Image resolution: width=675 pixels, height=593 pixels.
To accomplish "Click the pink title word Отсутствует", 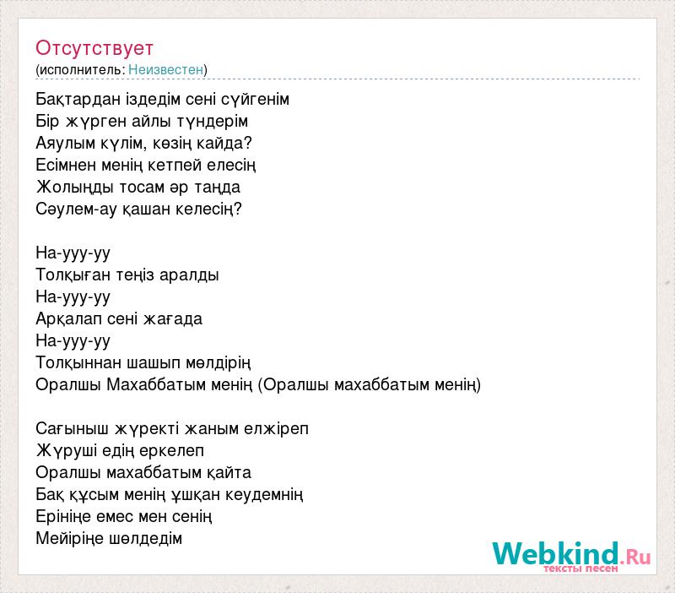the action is [x=94, y=48].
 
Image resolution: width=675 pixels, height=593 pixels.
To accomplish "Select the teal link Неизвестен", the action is [x=165, y=69].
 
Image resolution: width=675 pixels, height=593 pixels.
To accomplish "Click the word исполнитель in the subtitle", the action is [x=81, y=70].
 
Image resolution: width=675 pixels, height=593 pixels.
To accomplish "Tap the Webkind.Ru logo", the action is [x=571, y=556].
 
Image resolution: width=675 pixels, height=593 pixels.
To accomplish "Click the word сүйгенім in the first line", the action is [x=255, y=100].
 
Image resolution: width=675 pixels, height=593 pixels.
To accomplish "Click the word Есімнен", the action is [x=66, y=165].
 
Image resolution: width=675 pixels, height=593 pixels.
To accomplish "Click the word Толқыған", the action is [x=73, y=275].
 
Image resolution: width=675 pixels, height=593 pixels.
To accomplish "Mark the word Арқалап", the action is [x=68, y=319].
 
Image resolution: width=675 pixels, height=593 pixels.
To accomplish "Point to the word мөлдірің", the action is [x=219, y=363].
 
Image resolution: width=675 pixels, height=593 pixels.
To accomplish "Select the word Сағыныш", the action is [x=72, y=429].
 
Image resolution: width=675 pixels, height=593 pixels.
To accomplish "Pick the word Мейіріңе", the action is [x=69, y=539].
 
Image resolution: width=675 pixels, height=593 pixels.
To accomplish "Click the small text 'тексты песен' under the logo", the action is [x=580, y=569].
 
